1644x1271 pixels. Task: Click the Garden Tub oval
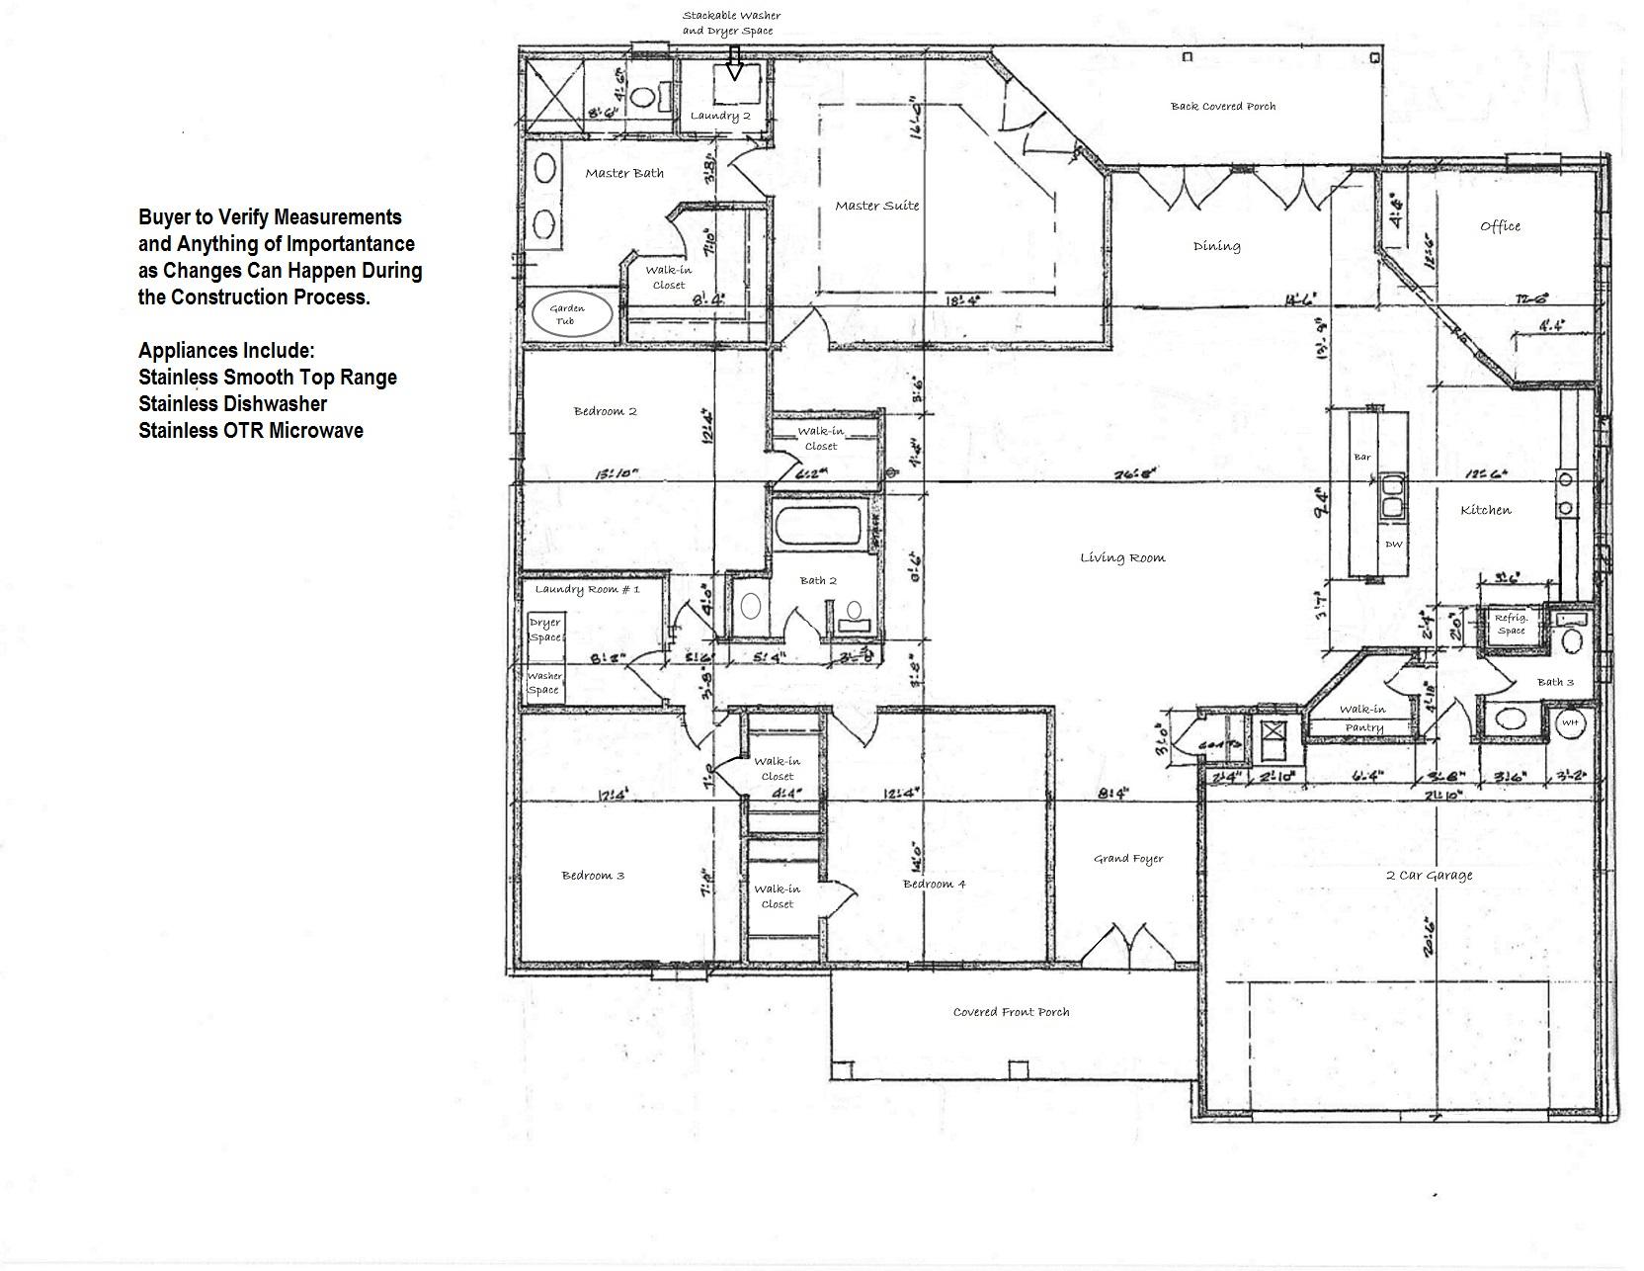click(567, 314)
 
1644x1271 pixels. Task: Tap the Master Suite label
click(876, 206)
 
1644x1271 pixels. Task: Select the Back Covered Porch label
click(1222, 106)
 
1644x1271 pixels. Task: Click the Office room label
click(1500, 226)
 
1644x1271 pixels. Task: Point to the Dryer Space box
click(544, 630)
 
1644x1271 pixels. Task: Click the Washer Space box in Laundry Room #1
click(544, 683)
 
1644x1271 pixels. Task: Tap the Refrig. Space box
click(1511, 625)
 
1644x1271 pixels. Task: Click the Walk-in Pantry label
click(1362, 718)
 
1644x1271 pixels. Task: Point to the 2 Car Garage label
click(1429, 875)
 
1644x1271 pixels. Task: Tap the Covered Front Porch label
click(1011, 1012)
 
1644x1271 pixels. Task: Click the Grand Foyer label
click(1127, 859)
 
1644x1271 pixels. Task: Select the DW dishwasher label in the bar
click(1393, 545)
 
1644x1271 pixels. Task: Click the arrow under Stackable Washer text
click(734, 63)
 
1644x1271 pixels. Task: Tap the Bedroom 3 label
click(593, 876)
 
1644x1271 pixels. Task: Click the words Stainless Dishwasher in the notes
click(233, 404)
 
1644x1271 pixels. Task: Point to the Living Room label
click(1122, 558)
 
